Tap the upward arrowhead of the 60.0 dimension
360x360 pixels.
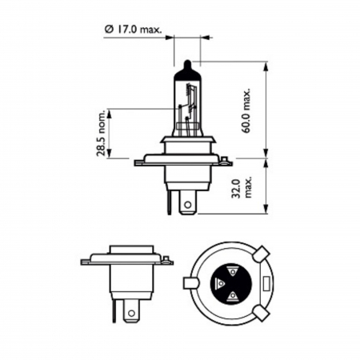click(263, 65)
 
